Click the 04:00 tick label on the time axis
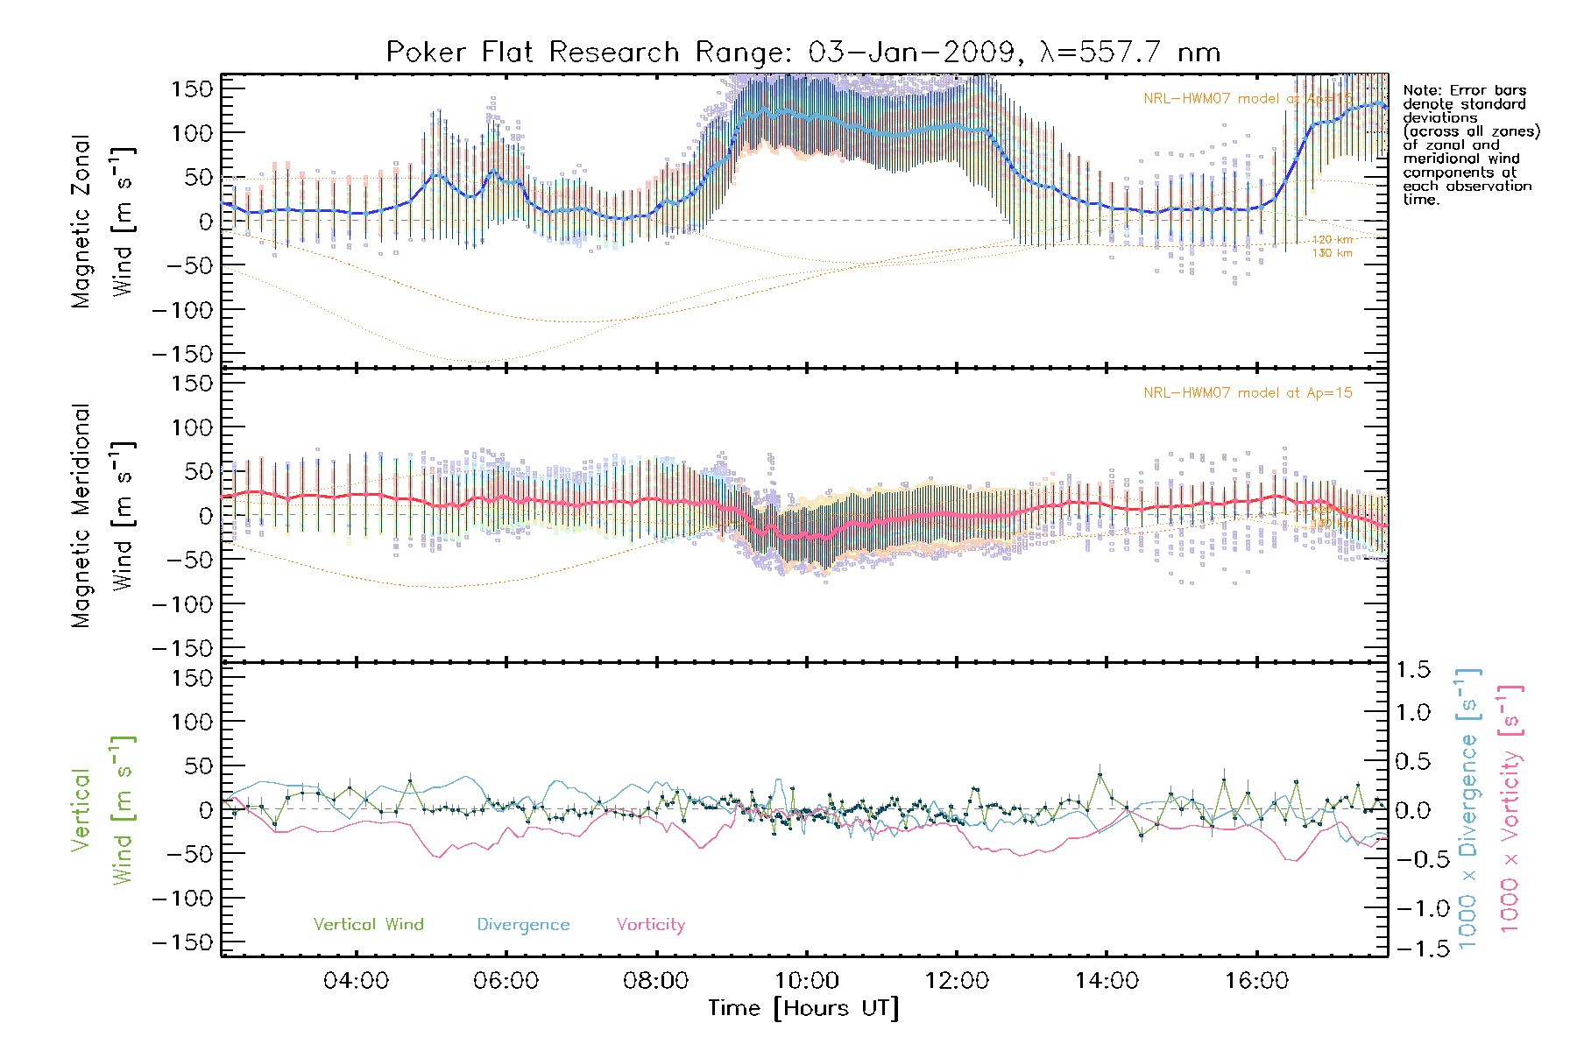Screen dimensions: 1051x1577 (x=356, y=981)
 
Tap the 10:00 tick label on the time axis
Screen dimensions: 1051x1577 (x=806, y=981)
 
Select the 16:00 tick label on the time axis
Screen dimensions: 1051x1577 (x=1256, y=981)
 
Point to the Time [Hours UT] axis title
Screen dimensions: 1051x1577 (x=803, y=1009)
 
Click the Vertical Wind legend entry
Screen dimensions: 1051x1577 (x=368, y=925)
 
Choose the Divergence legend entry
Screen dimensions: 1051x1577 (x=523, y=925)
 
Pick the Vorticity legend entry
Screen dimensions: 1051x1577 (x=650, y=925)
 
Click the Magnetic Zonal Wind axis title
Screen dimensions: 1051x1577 (x=102, y=221)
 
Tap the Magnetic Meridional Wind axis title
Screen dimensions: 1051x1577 (x=102, y=515)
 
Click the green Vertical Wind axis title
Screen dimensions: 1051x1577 (x=102, y=810)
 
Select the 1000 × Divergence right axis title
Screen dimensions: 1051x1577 (x=1467, y=809)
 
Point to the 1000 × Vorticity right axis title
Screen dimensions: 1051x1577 (x=1510, y=809)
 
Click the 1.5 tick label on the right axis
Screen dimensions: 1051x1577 (x=1412, y=670)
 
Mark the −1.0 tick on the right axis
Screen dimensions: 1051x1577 (x=1412, y=908)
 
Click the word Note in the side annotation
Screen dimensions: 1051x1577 (x=1419, y=90)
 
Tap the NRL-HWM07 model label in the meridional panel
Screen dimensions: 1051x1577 (x=1248, y=393)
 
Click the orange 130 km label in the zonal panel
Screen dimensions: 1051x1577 (x=1332, y=254)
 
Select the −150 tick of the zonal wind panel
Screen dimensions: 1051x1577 (x=182, y=354)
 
